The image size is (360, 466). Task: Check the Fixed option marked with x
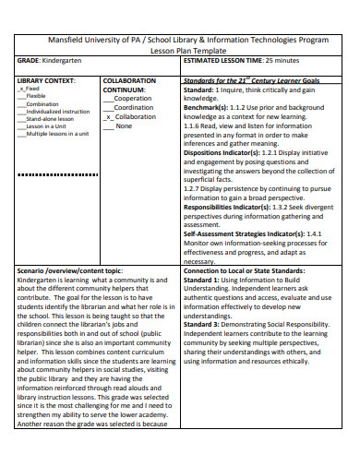tap(35, 89)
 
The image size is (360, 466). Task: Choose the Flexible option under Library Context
tap(35, 96)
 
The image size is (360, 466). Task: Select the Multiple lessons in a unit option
tap(57, 134)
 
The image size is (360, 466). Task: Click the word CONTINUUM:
tap(126, 90)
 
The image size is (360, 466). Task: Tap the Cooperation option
tap(133, 99)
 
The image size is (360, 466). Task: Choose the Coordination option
tap(134, 108)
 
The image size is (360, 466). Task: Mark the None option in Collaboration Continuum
tap(124, 125)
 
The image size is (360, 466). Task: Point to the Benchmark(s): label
tap(208, 108)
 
